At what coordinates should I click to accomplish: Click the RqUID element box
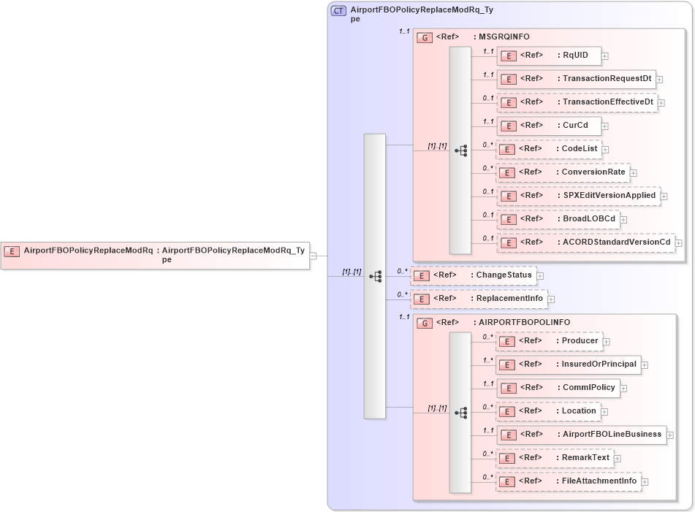pos(549,56)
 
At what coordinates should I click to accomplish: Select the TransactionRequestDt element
pos(575,79)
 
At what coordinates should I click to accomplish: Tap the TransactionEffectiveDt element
pos(576,102)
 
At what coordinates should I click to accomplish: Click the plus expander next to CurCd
pos(605,126)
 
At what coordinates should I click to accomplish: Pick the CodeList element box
pos(549,149)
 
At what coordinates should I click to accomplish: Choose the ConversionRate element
pos(562,172)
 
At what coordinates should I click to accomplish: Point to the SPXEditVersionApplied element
pos(577,196)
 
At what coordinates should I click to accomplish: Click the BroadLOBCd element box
pos(558,219)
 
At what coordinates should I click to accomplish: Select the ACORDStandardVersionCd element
pos(585,242)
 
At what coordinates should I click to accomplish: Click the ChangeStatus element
pos(474,275)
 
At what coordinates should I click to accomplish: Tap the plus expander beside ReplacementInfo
pos(551,299)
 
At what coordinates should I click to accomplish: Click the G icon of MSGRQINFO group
pos(425,37)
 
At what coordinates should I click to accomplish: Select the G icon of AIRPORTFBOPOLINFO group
pos(425,323)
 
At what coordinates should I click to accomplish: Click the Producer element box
pos(548,341)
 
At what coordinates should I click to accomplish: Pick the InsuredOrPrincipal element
pos(568,364)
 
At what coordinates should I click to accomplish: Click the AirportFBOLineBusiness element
pos(581,435)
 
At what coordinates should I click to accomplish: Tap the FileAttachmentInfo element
pos(569,481)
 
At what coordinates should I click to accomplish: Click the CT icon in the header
pos(338,11)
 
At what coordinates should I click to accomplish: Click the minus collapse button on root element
pos(313,256)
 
